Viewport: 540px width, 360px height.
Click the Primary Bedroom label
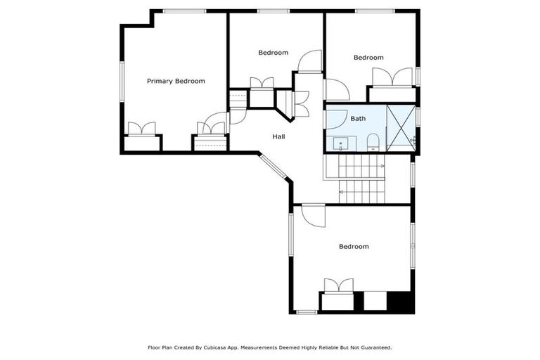176,82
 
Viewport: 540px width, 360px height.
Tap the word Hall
278,136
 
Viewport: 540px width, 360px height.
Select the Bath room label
358,119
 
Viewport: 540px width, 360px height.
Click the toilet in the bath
373,143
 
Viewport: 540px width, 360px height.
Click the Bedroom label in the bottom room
354,247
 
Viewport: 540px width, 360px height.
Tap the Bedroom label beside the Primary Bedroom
273,53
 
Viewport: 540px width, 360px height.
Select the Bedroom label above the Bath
368,58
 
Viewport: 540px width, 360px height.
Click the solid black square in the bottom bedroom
401,302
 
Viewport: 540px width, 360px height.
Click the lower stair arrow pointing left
342,191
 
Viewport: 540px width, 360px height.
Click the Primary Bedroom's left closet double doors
141,129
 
